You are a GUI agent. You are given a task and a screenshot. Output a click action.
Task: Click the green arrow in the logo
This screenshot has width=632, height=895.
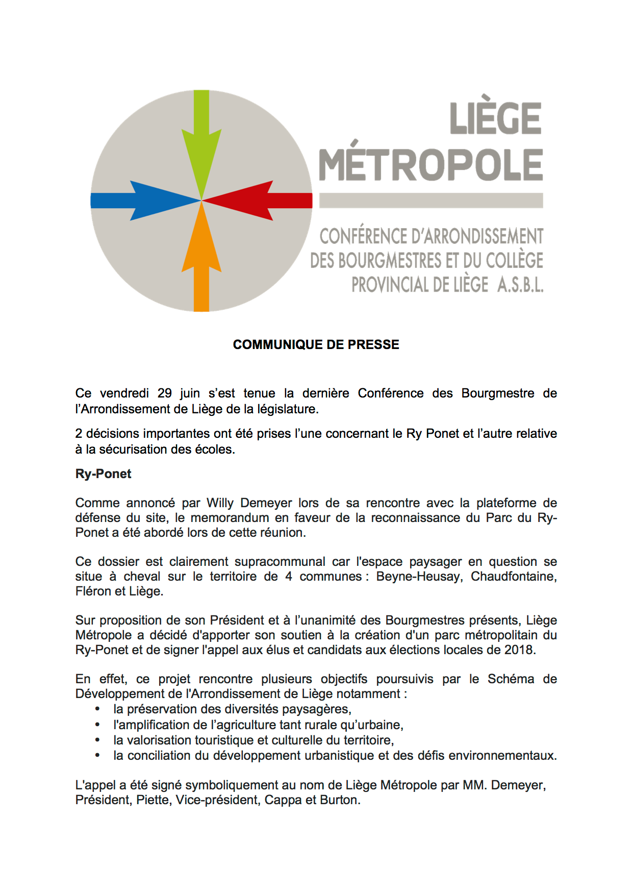(201, 143)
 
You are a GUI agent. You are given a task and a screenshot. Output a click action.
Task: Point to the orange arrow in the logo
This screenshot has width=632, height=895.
(201, 260)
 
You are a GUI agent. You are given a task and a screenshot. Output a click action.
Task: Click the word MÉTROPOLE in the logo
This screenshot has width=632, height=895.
(431, 164)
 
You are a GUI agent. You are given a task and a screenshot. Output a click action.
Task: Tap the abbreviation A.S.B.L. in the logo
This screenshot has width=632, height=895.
(520, 285)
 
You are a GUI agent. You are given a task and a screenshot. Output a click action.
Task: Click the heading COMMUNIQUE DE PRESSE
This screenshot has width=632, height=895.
(316, 345)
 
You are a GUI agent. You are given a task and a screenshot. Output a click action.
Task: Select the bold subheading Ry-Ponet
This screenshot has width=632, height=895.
(103, 474)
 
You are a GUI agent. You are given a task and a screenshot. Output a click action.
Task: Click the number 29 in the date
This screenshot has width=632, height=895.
(165, 393)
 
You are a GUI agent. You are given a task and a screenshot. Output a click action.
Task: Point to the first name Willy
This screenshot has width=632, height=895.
(220, 503)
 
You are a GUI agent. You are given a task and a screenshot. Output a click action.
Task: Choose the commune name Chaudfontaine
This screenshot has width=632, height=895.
(513, 577)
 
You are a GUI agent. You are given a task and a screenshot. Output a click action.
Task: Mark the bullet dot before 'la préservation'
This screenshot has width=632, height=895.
(97, 709)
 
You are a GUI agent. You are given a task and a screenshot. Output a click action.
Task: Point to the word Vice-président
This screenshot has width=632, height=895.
(216, 800)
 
